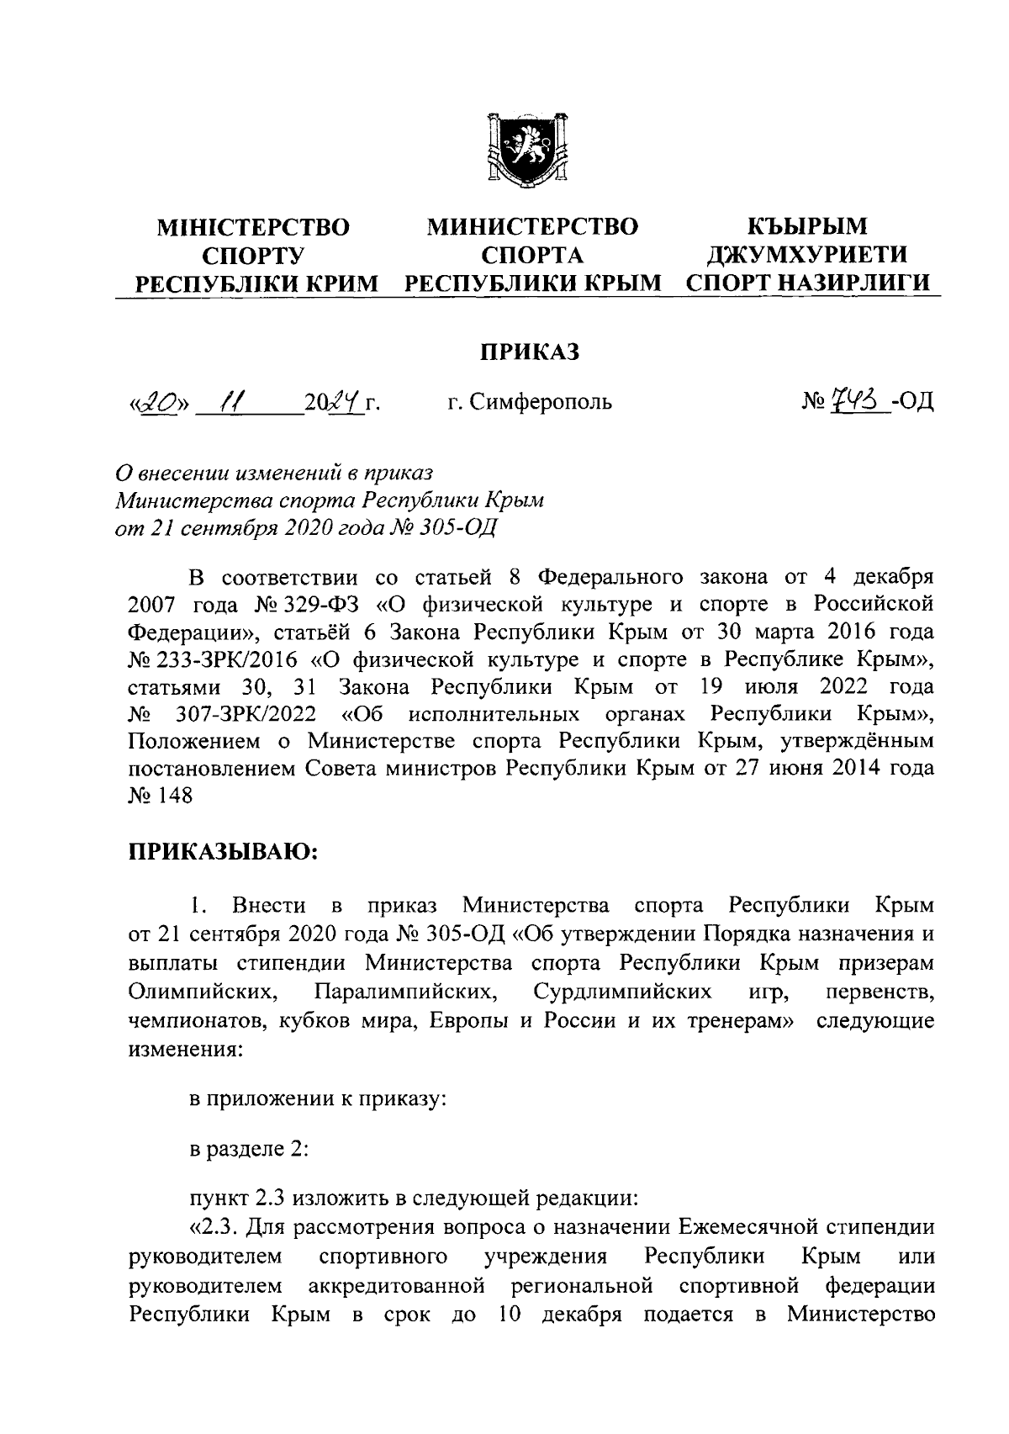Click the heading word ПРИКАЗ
[530, 352]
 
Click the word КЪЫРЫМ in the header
[808, 226]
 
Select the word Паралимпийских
[403, 992]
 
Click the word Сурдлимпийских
[622, 992]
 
